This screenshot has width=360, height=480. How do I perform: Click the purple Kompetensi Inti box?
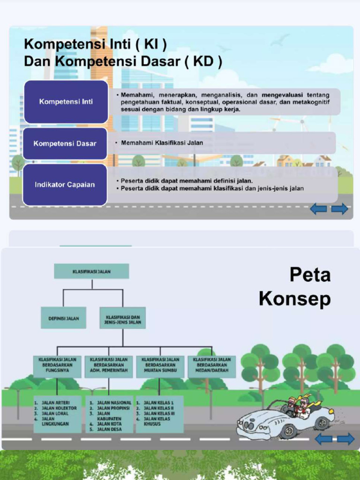[x=66, y=102]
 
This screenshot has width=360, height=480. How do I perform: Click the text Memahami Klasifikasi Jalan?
[x=162, y=143]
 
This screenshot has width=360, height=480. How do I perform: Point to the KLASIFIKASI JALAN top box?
[x=91, y=271]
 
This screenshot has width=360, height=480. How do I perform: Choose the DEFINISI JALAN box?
[x=64, y=318]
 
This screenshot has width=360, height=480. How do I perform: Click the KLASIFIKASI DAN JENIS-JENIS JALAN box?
[x=122, y=318]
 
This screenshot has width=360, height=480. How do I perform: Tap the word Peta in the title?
[x=310, y=275]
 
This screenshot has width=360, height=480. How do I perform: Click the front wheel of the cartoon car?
[x=287, y=431]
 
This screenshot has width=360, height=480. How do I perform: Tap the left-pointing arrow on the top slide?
[x=319, y=209]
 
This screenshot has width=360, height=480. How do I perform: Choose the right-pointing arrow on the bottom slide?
[x=346, y=439]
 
